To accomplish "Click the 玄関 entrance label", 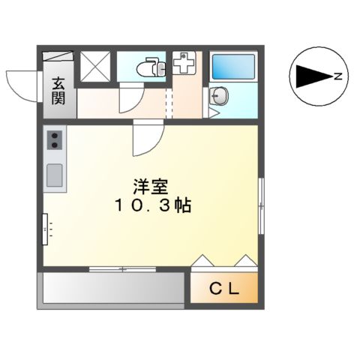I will point(58,90).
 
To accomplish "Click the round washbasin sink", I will point(217,95).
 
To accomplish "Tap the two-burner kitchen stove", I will point(55,139).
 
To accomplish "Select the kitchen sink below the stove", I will point(55,175).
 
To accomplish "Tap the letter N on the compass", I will point(338,76).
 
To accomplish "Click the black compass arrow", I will point(310,76).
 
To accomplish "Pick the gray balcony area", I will point(112,286).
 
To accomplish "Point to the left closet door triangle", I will point(203,261).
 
